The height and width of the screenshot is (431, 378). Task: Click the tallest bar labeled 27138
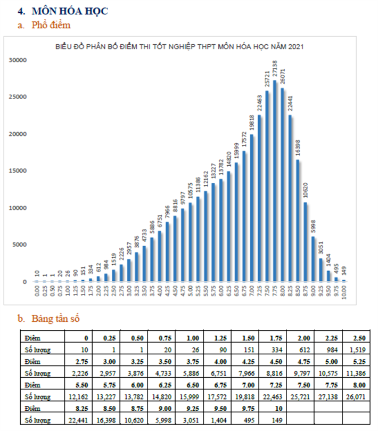click(x=275, y=181)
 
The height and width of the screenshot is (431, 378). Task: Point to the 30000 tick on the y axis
click(x=19, y=60)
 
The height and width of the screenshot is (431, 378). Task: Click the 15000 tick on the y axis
click(x=19, y=171)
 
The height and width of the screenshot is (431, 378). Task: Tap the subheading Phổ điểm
click(x=51, y=25)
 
